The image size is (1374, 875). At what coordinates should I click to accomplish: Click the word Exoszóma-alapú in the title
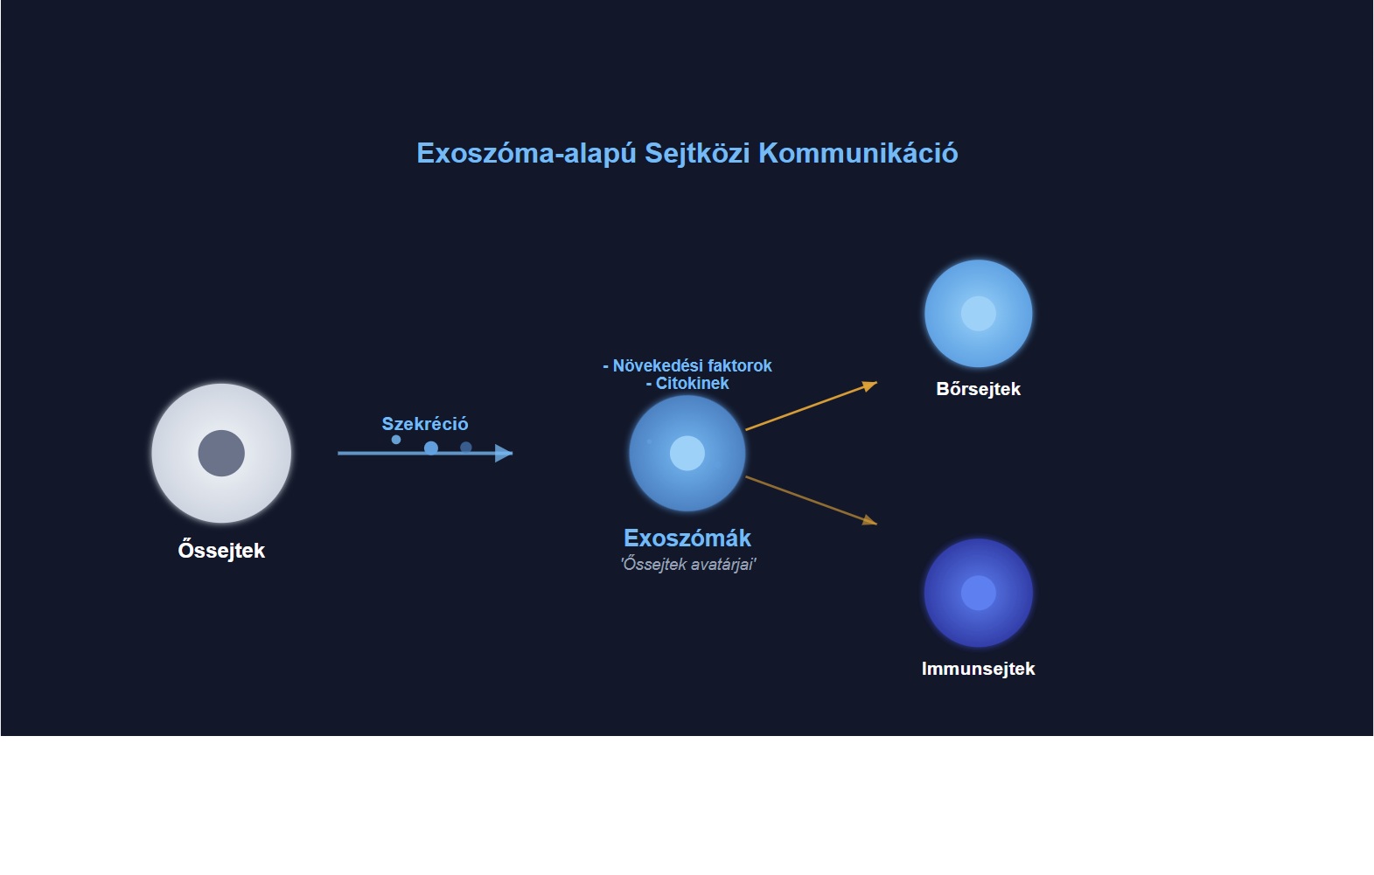[527, 154]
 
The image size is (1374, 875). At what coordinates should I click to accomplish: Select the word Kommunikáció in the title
[858, 153]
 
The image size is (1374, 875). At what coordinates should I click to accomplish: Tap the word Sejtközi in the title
[697, 153]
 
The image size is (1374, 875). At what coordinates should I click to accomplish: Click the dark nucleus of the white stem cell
[221, 453]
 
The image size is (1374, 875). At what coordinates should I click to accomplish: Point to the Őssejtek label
[221, 550]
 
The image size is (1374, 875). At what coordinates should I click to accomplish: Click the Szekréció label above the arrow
[424, 424]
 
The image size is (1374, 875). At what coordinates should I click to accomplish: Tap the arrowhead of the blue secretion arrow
[504, 453]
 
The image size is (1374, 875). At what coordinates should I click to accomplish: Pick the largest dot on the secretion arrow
[431, 448]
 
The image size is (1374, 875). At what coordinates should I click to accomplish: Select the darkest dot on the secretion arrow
[466, 448]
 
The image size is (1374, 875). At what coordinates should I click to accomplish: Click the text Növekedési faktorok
[692, 365]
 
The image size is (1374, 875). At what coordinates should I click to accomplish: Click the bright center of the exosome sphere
[687, 453]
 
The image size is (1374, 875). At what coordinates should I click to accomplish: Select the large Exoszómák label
[687, 538]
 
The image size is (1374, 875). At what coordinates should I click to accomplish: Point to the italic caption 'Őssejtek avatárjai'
[688, 564]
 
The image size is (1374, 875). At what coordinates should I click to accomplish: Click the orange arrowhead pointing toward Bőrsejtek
[870, 385]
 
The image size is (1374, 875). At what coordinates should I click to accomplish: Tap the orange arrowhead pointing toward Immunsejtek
[870, 521]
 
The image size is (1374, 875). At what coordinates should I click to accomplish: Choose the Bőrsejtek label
[979, 389]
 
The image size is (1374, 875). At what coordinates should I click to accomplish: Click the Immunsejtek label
[979, 669]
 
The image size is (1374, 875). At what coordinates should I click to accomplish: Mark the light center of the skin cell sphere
[979, 313]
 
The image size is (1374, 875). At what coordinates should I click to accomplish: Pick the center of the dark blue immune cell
[979, 593]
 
